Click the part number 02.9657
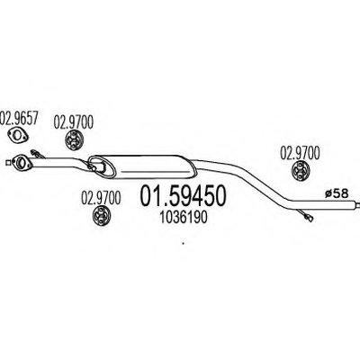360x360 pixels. click(20, 118)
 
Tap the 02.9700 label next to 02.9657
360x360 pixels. click(74, 122)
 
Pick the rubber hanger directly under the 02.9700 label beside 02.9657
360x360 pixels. click(74, 140)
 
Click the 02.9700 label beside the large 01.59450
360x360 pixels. click(101, 198)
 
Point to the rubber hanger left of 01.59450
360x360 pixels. click(101, 215)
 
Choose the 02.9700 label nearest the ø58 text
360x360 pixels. click(300, 153)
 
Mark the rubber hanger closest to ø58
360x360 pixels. click(301, 170)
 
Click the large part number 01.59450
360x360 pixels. click(183, 196)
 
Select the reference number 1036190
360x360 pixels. click(184, 218)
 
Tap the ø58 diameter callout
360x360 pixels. click(337, 194)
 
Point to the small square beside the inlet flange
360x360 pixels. click(8, 163)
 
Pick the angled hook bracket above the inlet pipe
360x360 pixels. click(38, 154)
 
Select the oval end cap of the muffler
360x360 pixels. click(103, 166)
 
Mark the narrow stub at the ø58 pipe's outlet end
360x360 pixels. click(357, 204)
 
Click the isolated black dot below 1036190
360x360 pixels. click(183, 244)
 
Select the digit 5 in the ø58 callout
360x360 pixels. click(337, 194)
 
